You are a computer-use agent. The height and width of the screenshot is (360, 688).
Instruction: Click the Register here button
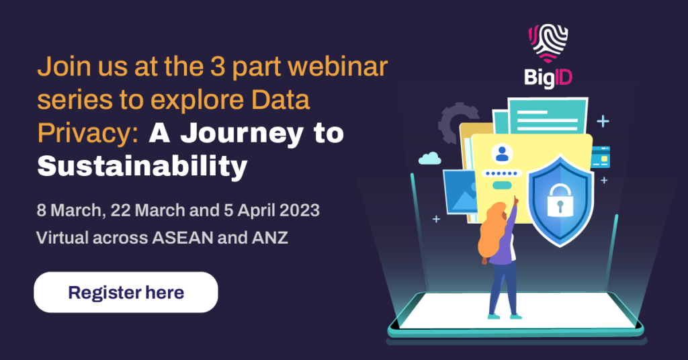[x=126, y=292]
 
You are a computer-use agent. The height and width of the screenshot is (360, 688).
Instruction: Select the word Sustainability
[x=142, y=167]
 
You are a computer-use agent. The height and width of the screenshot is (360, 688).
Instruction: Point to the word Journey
[x=241, y=134]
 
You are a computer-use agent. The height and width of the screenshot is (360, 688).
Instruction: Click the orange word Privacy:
[x=88, y=134]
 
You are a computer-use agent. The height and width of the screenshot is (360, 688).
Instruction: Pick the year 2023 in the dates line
[x=299, y=210]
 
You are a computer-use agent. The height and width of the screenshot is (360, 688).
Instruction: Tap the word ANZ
[x=270, y=238]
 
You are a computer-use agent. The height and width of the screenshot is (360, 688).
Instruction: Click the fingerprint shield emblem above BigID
[x=548, y=43]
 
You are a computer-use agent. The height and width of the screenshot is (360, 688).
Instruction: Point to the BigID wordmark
[x=548, y=78]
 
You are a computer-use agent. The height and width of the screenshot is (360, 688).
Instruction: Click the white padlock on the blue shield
[x=560, y=200]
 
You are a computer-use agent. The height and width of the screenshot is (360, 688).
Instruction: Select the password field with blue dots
[x=502, y=173]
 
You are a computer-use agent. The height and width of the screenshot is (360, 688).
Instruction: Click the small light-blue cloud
[x=429, y=158]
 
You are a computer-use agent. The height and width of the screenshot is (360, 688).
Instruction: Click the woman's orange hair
[x=490, y=230]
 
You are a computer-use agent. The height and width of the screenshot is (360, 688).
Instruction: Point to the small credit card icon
[x=600, y=157]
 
